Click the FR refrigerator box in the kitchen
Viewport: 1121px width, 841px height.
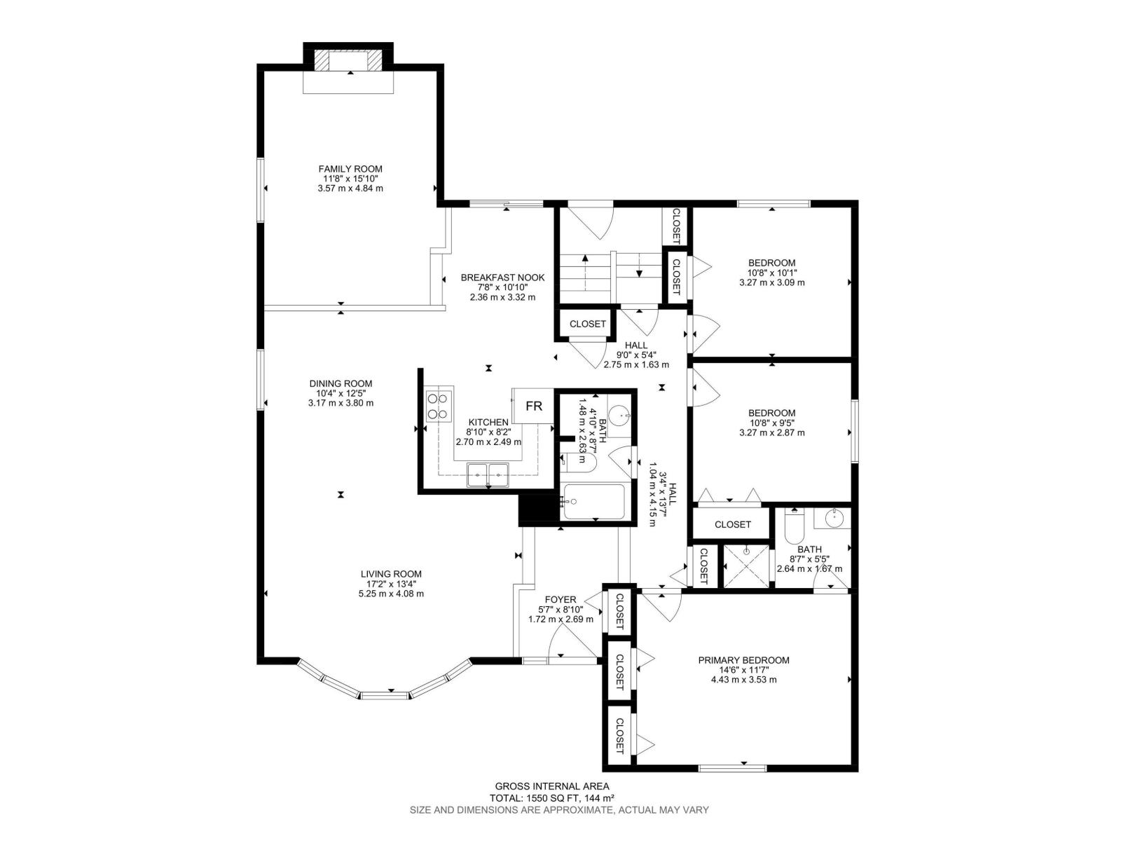534,406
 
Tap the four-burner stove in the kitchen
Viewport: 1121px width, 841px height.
439,406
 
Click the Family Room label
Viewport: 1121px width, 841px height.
350,169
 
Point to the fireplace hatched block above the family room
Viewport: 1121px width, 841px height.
322,60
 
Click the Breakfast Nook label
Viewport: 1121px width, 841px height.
502,278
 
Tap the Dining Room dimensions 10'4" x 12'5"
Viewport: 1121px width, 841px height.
341,393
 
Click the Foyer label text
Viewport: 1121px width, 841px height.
560,599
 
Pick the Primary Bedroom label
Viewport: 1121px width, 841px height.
743,660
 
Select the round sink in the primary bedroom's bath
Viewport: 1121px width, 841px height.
833,519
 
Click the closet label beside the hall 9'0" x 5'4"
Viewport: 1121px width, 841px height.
587,324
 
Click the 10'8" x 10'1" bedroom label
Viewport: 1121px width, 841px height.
771,263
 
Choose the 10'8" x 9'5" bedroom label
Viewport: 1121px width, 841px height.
771,413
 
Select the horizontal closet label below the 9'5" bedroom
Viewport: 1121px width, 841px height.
732,524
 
